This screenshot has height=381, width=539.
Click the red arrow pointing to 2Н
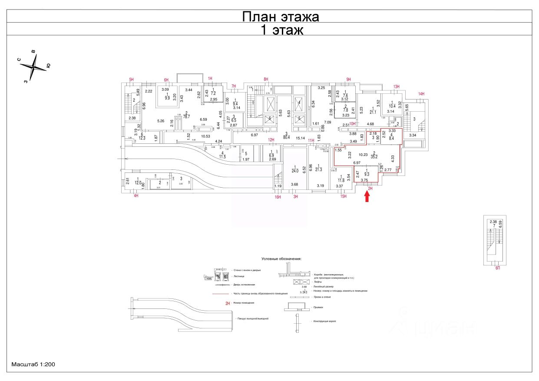pyautogui.click(x=367, y=197)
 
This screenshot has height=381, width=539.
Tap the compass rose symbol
pyautogui.click(x=33, y=67)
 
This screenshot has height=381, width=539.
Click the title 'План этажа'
pyautogui.click(x=280, y=17)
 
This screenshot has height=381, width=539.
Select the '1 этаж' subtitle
pyautogui.click(x=281, y=30)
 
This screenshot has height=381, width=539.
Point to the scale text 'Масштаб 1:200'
pyautogui.click(x=33, y=364)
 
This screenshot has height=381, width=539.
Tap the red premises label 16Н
pyautogui.click(x=278, y=197)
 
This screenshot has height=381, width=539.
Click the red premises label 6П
pyautogui.click(x=498, y=268)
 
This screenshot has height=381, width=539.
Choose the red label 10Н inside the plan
pyautogui.click(x=353, y=124)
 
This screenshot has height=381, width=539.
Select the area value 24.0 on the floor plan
pyautogui.click(x=295, y=171)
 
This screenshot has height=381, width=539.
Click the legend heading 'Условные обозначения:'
pyautogui.click(x=281, y=258)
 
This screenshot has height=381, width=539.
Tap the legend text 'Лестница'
pyautogui.click(x=238, y=276)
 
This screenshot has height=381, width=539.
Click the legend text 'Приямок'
pyautogui.click(x=318, y=307)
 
